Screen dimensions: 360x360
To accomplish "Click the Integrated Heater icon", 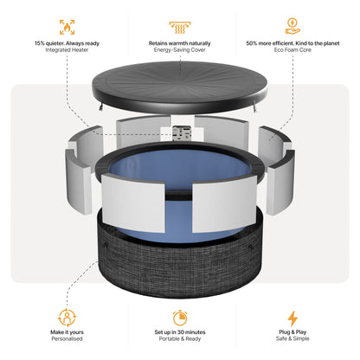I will click(x=66, y=26).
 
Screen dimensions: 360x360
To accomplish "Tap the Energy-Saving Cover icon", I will click(x=180, y=26).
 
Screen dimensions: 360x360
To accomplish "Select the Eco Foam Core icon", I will click(x=292, y=26).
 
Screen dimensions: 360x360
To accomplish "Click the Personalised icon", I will click(x=66, y=318).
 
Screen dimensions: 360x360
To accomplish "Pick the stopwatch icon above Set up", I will click(x=180, y=318).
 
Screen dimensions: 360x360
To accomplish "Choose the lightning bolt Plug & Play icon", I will click(x=292, y=318).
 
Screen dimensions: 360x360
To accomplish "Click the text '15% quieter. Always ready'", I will click(x=67, y=42).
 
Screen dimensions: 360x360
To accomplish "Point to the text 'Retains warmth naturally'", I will click(x=180, y=42).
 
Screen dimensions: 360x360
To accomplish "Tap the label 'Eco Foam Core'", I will click(x=292, y=50).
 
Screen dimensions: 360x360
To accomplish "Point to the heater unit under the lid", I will click(x=181, y=134).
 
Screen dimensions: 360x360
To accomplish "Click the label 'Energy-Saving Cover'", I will click(x=180, y=50).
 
